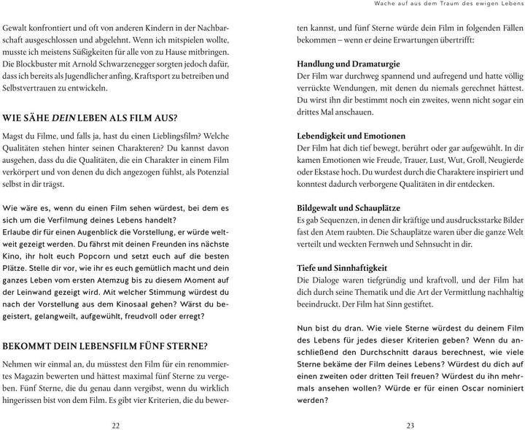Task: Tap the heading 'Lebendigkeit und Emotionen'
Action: (351, 136)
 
